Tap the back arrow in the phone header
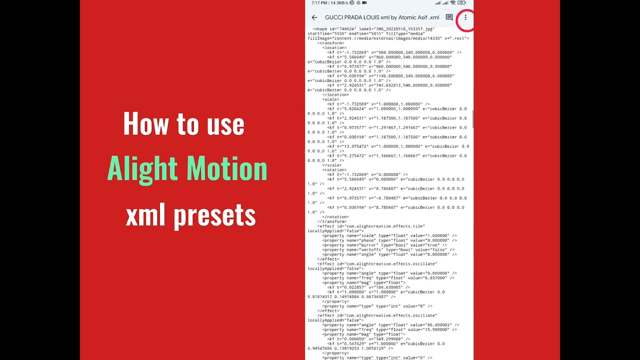314,17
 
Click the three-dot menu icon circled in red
465,17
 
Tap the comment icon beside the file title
449,17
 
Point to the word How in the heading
140,123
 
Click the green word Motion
227,169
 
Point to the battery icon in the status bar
461,3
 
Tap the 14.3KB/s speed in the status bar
339,3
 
